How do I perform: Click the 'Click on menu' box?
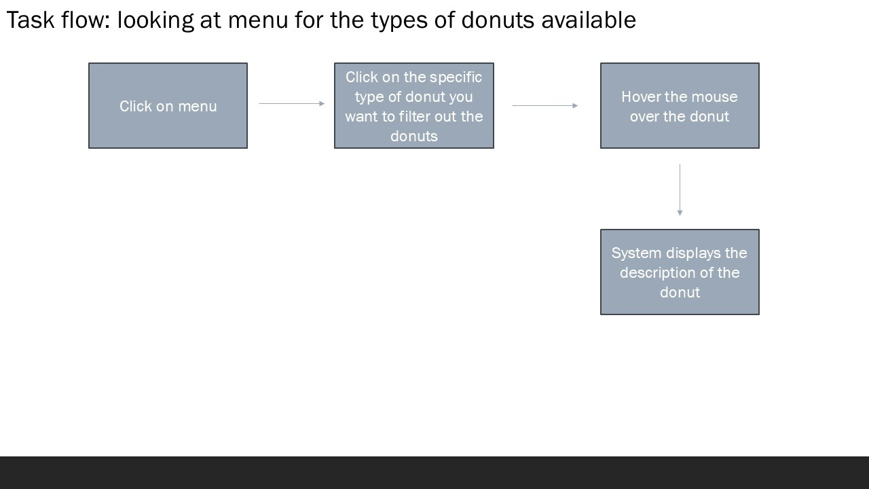tap(168, 105)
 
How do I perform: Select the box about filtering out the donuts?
tap(414, 105)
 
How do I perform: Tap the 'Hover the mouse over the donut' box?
tap(680, 105)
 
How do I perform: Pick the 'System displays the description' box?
tap(680, 272)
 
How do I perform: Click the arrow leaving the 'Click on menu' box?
tap(292, 104)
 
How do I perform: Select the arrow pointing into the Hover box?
tap(545, 105)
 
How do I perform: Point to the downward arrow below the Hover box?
tap(680, 189)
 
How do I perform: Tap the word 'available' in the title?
tap(589, 20)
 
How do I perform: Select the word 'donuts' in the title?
tap(498, 20)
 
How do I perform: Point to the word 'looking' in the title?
tap(155, 22)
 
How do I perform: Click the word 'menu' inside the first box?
tap(198, 107)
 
